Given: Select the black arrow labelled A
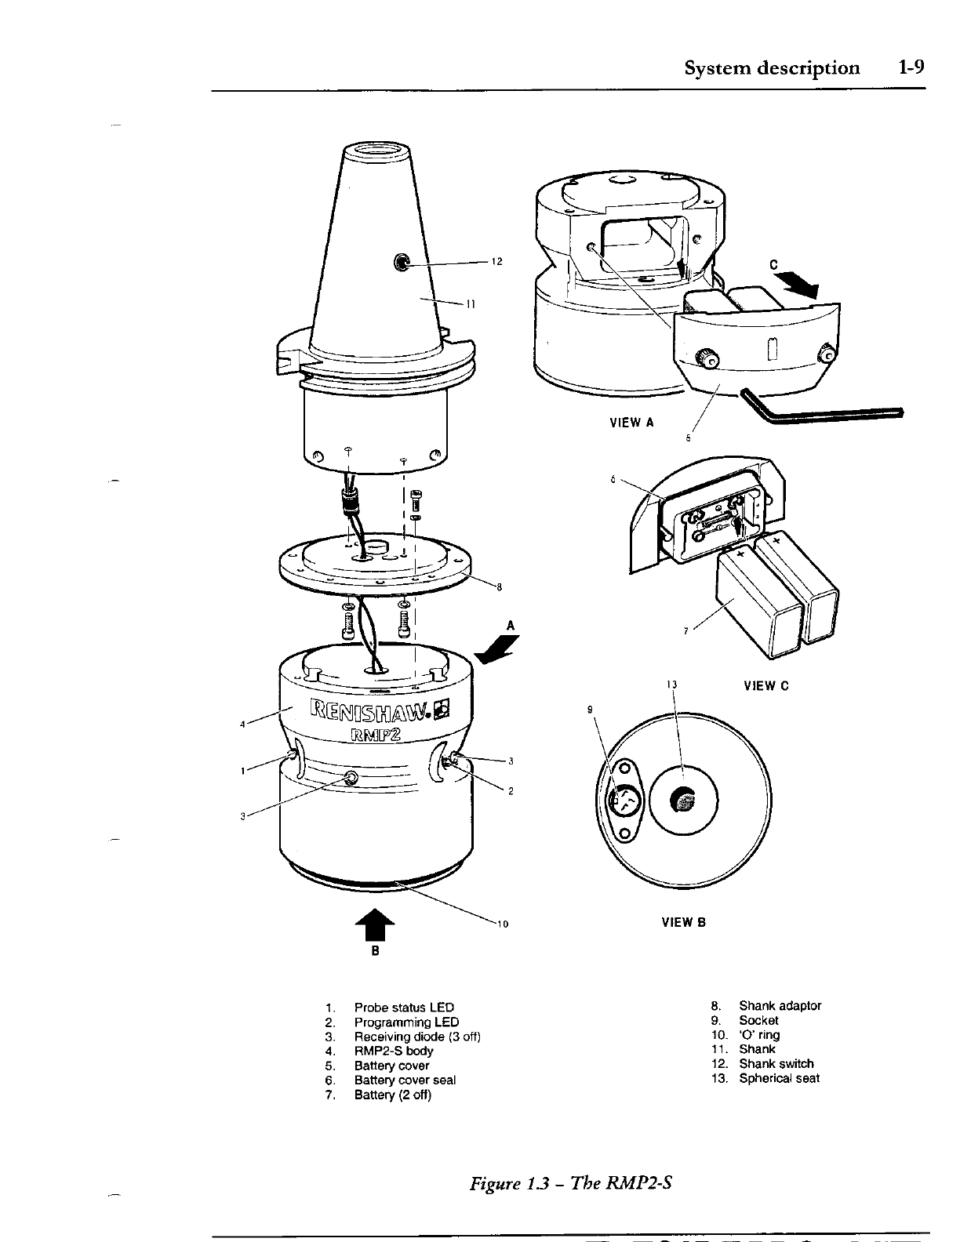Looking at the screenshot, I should point(498,648).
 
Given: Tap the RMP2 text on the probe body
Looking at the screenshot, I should point(376,735).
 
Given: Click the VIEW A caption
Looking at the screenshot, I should point(631,423).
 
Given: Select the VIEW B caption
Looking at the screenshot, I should point(684,922).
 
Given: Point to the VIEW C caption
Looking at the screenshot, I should point(765,686).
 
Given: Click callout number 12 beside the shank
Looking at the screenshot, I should point(496,262).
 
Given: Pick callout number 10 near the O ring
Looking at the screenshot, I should point(502,924).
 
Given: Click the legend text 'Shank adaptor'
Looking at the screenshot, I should point(780,1006).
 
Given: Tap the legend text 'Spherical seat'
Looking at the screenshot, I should point(779,1078).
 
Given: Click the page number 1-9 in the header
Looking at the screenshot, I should point(912,67).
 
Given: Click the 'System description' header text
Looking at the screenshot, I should point(772,67).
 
